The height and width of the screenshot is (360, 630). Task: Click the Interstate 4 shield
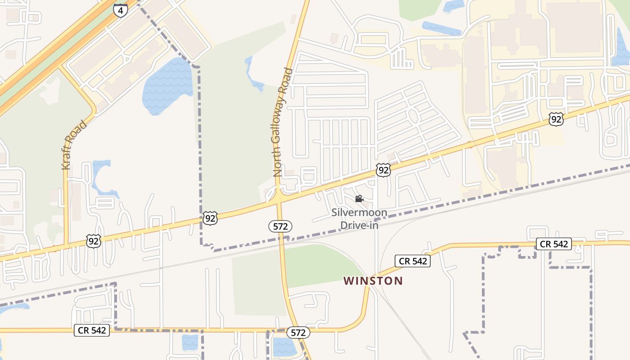120,10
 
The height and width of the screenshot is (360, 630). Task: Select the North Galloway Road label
283,122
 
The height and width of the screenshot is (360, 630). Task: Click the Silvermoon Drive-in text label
359,219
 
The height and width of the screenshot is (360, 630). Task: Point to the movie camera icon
359,198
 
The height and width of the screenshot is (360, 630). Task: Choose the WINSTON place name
373,281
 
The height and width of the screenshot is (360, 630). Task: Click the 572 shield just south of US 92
280,226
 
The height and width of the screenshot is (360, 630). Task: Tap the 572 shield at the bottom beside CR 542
298,333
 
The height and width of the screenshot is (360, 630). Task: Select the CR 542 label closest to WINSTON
413,261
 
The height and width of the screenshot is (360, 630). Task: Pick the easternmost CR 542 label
554,244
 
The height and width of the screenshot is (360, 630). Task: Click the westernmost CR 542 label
92,330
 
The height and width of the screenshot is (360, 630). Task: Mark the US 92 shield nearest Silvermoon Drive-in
383,170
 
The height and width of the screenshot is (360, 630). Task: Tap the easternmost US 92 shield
556,119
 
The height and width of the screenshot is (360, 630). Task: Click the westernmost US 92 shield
94,241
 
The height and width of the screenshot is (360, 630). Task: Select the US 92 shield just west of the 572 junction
210,218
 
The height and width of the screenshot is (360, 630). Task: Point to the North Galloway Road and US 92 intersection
279,197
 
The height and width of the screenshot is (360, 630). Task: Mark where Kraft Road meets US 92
66,245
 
